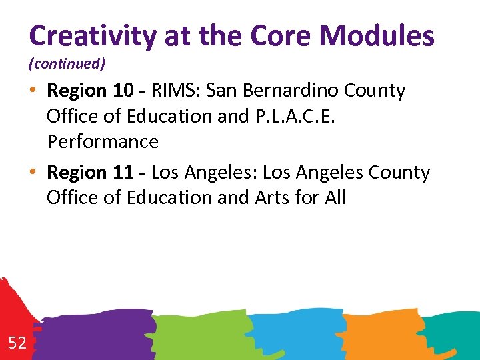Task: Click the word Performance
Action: pyautogui.click(x=103, y=141)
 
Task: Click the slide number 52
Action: pyautogui.click(x=17, y=343)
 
